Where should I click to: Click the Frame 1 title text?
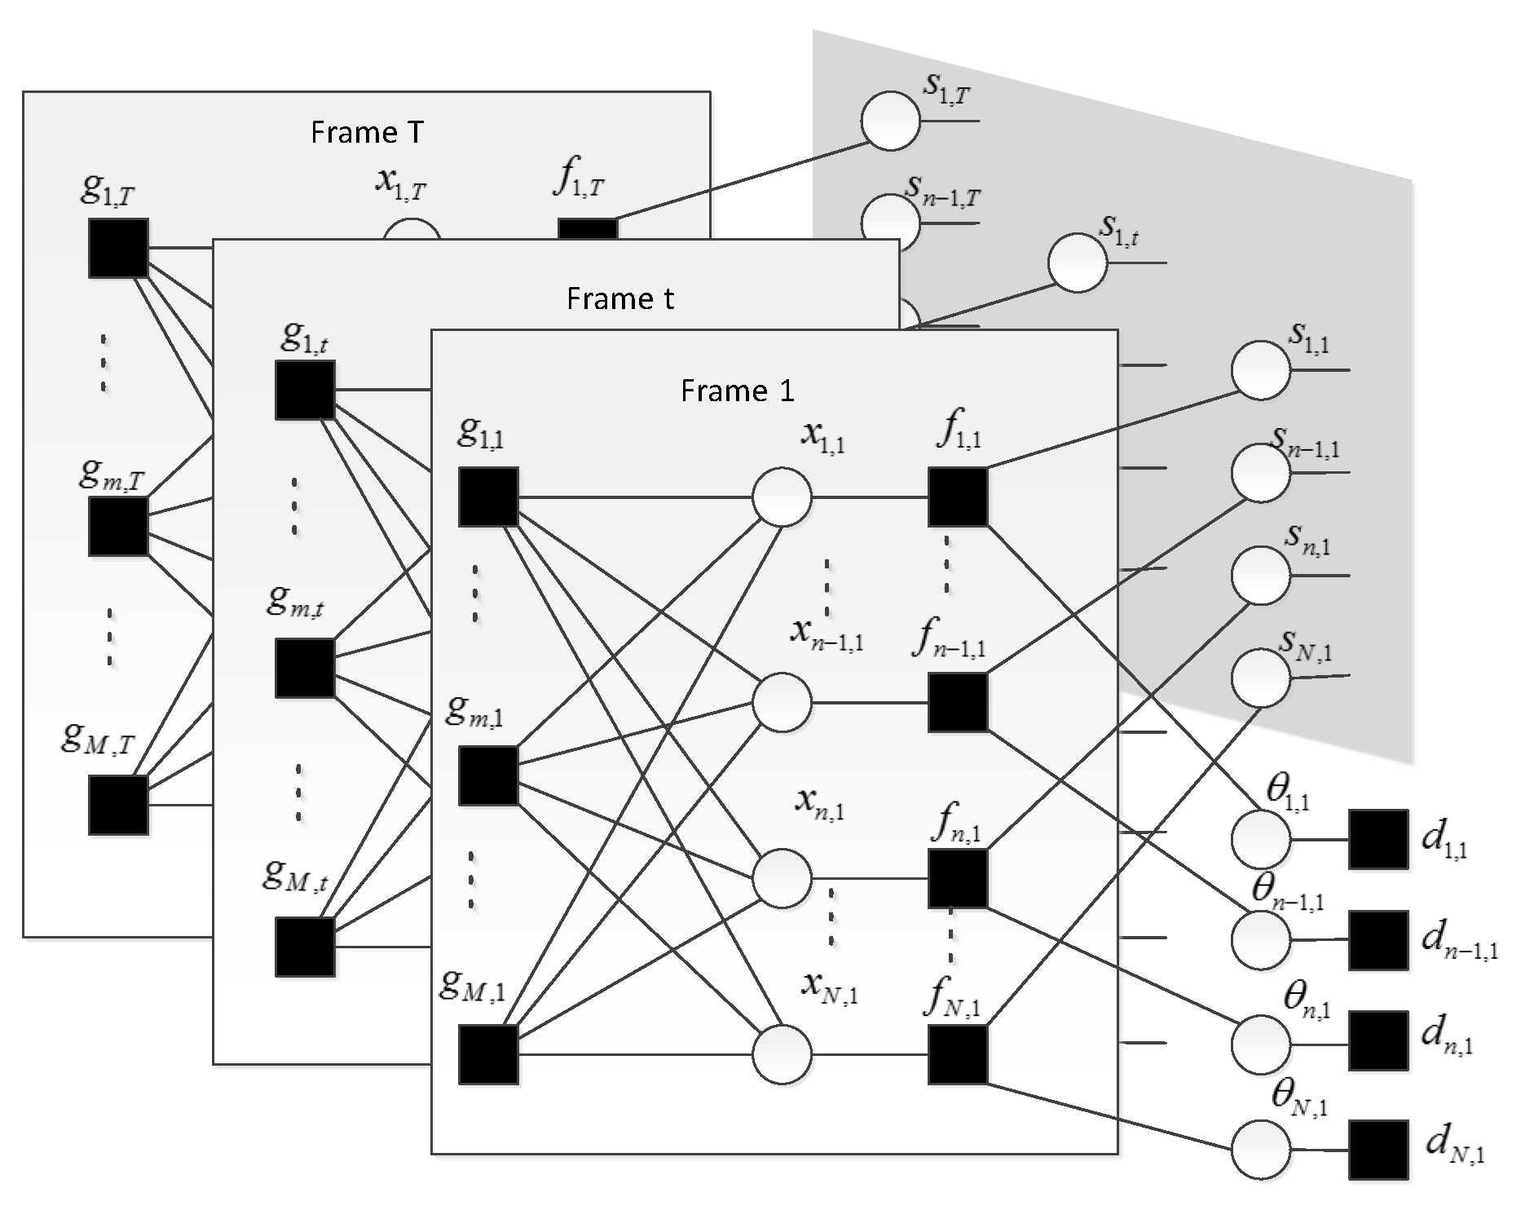[737, 391]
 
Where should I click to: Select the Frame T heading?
[367, 132]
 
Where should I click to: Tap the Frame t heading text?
[619, 299]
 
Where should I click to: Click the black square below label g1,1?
[488, 497]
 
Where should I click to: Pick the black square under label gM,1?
[488, 1054]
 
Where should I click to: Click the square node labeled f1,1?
[958, 497]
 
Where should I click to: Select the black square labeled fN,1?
[958, 1054]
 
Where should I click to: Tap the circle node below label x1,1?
[782, 497]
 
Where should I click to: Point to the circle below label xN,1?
[782, 1054]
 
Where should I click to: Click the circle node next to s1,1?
[1261, 370]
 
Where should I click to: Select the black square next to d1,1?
[1378, 839]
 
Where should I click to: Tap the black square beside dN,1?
[1378, 1150]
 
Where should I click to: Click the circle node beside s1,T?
[890, 121]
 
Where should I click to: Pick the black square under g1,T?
[118, 248]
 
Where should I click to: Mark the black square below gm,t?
[305, 669]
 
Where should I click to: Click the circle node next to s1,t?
[1078, 263]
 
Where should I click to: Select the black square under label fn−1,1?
[958, 702]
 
